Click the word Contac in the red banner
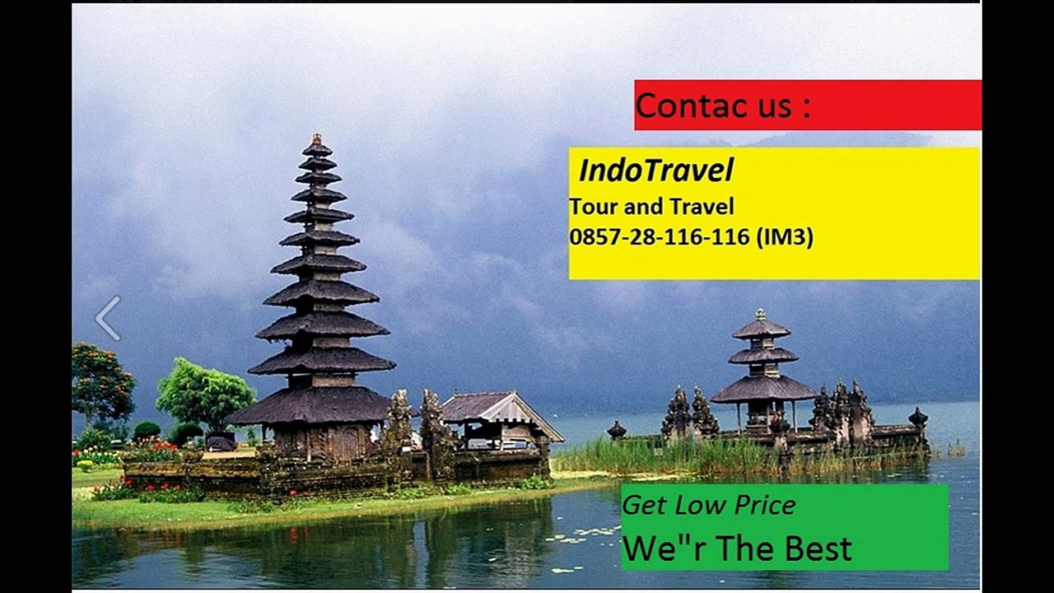click(x=677, y=106)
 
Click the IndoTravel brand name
click(x=655, y=170)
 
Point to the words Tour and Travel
click(x=651, y=206)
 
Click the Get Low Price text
click(x=708, y=505)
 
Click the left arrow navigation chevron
click(x=108, y=319)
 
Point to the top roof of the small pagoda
click(x=761, y=328)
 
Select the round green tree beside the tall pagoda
click(x=206, y=394)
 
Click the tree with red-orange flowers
click(x=101, y=382)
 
